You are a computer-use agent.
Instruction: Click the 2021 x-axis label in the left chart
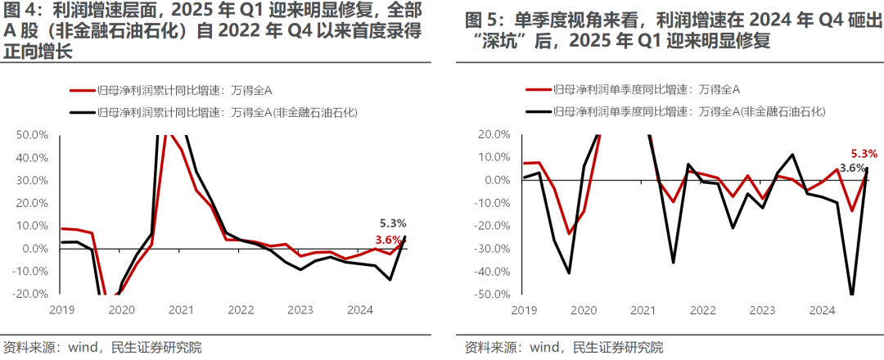point(180,310)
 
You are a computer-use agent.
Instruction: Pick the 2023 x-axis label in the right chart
point(762,310)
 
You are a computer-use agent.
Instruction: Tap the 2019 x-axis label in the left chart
point(62,310)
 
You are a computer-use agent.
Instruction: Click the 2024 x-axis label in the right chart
point(821,310)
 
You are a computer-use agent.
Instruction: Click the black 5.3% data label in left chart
point(393,223)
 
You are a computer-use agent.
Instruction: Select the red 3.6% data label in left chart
point(388,239)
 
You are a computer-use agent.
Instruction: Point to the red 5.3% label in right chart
point(864,153)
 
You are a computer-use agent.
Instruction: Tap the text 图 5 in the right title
point(480,19)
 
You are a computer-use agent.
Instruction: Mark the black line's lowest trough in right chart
point(852,294)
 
